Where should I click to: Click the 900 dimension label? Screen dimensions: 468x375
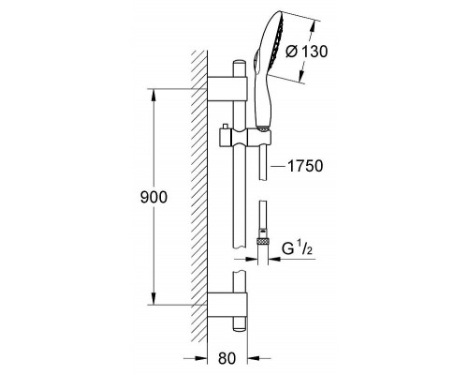154,197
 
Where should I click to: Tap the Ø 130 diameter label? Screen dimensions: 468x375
307,52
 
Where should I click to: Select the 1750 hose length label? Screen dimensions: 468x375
305,166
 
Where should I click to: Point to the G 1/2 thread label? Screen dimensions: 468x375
297,248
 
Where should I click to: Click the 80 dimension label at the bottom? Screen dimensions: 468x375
227,358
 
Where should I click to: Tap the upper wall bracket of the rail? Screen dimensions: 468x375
227,89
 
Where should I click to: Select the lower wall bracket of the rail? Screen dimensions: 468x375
227,306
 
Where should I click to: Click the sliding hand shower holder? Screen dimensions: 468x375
245,137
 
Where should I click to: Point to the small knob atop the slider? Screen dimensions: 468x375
224,126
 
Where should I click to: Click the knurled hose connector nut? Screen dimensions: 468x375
263,241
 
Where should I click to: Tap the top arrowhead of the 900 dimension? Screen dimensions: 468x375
154,95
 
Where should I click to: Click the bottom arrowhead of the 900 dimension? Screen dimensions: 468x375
154,298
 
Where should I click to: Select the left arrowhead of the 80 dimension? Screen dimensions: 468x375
201,358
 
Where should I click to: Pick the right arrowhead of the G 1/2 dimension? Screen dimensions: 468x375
274,259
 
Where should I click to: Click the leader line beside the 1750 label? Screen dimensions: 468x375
278,167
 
